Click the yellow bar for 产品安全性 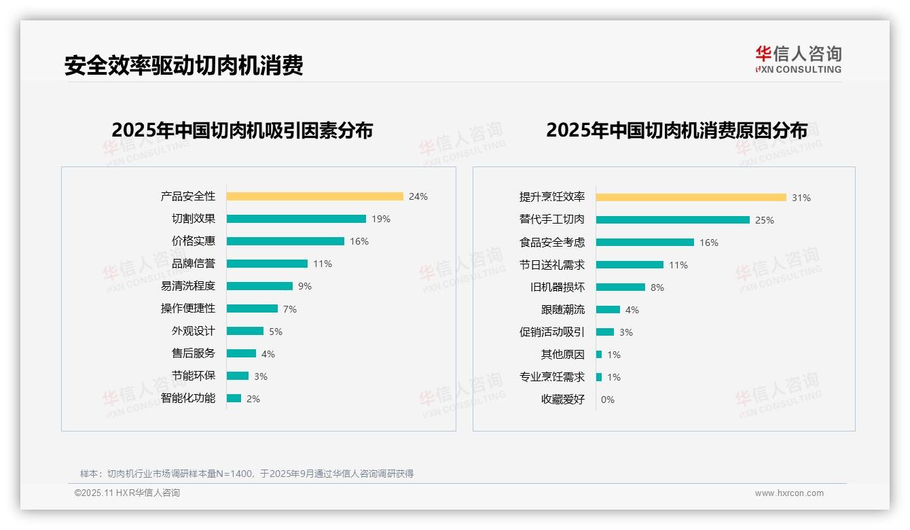(314, 196)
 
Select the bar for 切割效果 (296, 219)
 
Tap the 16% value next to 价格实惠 (359, 241)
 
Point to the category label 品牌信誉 (193, 264)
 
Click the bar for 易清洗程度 (259, 286)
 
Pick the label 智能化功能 (187, 398)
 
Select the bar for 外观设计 (244, 331)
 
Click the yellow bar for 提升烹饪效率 (691, 197)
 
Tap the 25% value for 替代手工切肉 (765, 220)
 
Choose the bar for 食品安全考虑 (644, 242)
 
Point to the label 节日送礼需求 (551, 264)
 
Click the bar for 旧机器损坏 (620, 287)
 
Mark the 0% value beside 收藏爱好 (607, 400)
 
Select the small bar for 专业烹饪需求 (599, 376)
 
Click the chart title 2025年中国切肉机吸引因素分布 (242, 130)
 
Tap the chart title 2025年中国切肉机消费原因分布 (676, 130)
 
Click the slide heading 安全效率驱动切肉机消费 (183, 65)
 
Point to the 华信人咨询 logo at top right (798, 60)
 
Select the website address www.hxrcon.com (789, 493)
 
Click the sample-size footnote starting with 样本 (247, 474)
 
